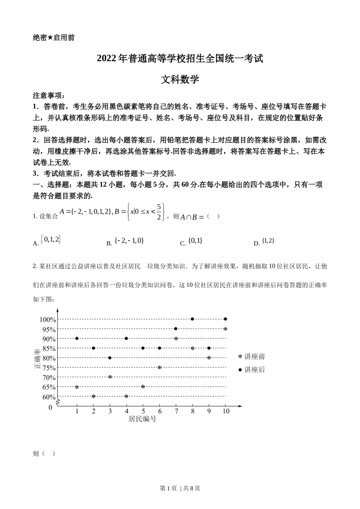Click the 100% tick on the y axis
coord(48,320)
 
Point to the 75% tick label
coord(49,368)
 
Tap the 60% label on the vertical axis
coord(49,397)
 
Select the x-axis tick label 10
coord(226,411)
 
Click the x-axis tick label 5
coord(143,411)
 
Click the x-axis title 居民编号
coord(142,419)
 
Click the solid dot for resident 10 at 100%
coord(225,319)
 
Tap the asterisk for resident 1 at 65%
coord(77,387)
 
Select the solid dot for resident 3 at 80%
coord(110,358)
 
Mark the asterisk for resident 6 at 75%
coord(160,367)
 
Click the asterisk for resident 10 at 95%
coord(225,329)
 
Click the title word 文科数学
coord(180,79)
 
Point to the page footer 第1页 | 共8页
coord(180,488)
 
